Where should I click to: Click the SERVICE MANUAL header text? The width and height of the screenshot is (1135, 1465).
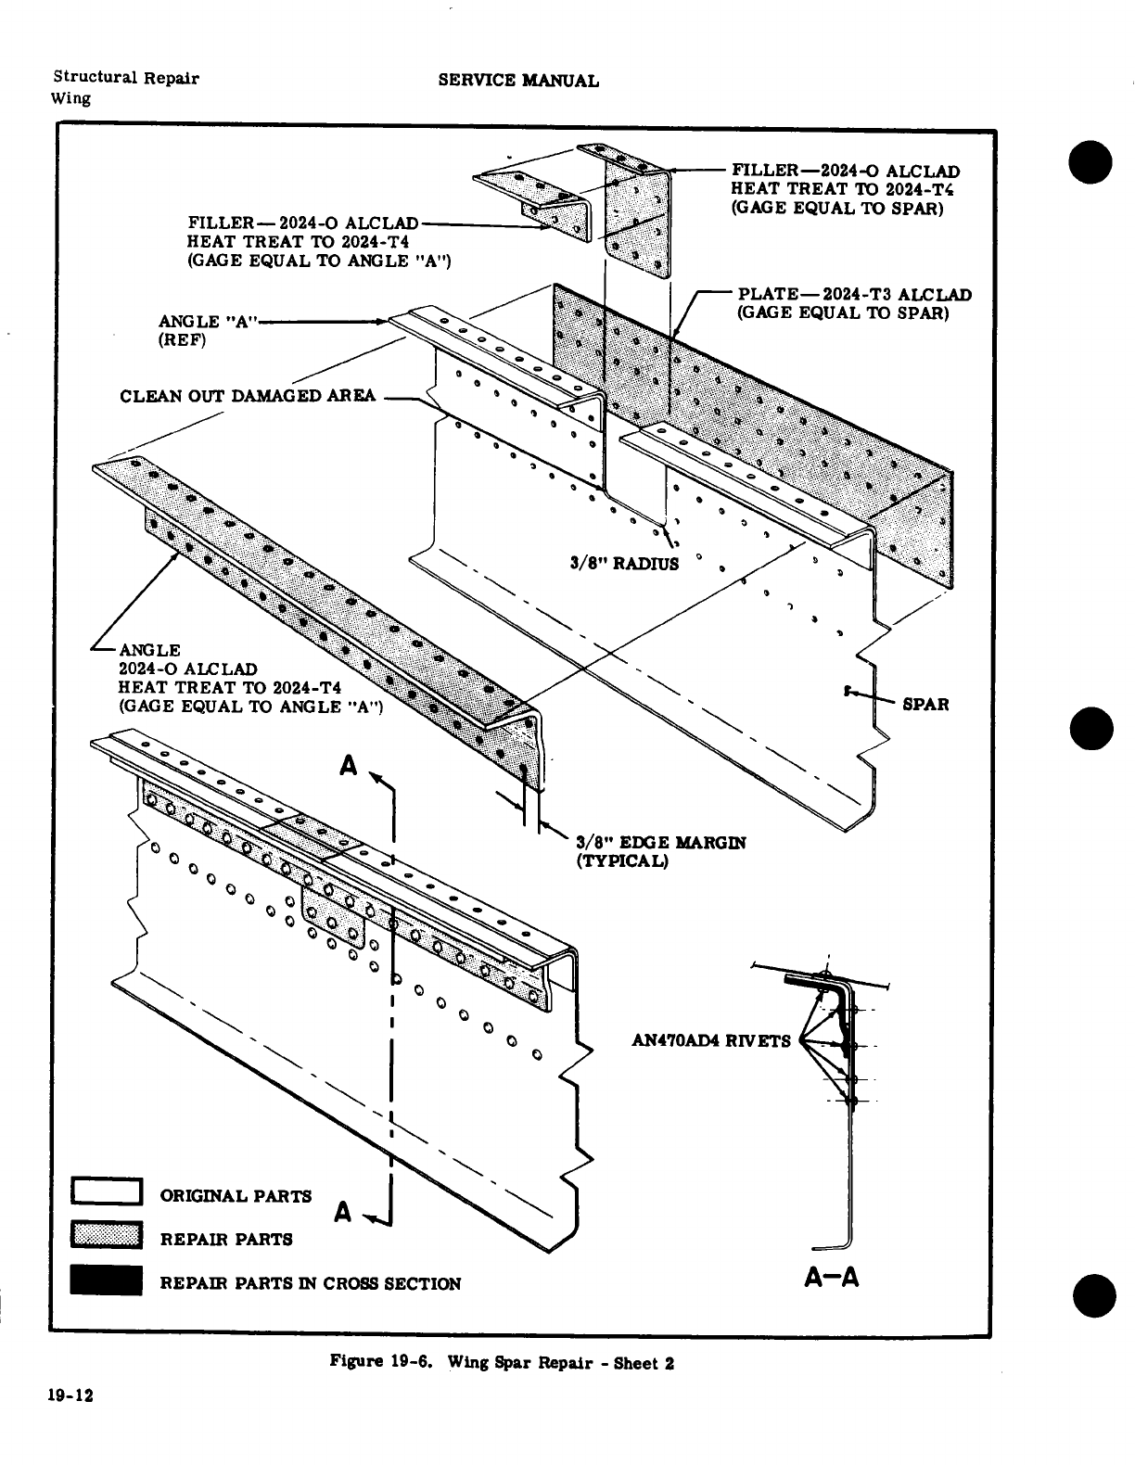coord(518,81)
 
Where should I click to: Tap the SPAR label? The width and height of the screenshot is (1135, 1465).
coord(925,704)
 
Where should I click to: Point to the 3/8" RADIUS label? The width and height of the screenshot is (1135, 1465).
coord(624,563)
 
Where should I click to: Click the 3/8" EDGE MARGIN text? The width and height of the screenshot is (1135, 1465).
coord(660,843)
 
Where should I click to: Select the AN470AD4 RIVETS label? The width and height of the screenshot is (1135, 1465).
coord(710,1040)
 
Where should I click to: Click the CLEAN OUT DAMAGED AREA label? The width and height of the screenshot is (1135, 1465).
coord(248,396)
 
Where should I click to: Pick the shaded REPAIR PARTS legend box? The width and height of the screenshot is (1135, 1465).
coord(106,1237)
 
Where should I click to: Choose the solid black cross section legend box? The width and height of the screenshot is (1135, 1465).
coord(106,1281)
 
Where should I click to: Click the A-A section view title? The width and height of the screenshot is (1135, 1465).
coord(832,1278)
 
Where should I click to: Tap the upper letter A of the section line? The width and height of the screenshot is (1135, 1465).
coord(349,766)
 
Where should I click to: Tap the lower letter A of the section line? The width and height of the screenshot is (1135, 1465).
coord(343,1211)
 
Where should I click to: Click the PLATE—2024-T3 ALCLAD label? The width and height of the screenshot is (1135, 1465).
coord(854,295)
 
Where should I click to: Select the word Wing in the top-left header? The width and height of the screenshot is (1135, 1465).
coord(71,98)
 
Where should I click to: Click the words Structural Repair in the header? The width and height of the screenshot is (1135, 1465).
coord(125,78)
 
